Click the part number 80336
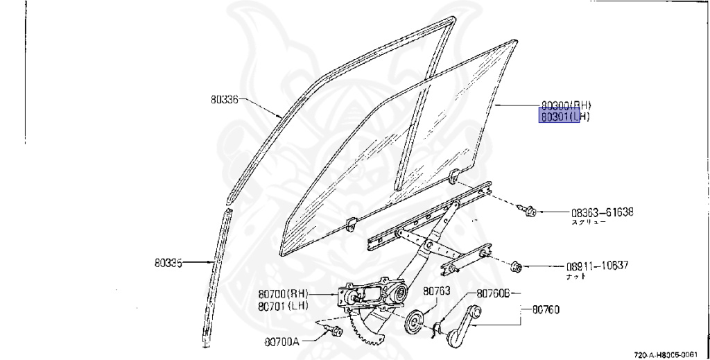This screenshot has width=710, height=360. pyautogui.click(x=225, y=99)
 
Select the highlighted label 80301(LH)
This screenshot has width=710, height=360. pyautogui.click(x=565, y=117)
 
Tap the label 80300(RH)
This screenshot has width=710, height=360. pyautogui.click(x=565, y=105)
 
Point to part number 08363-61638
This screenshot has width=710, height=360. pyautogui.click(x=603, y=212)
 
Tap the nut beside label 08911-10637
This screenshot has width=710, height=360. pyautogui.click(x=516, y=265)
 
